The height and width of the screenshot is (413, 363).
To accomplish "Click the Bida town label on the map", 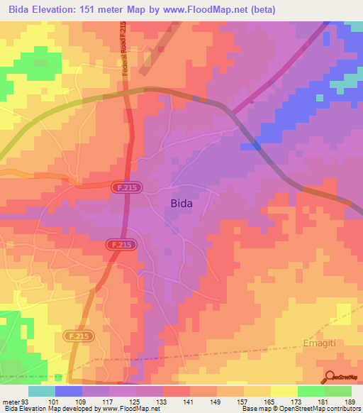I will (181, 203).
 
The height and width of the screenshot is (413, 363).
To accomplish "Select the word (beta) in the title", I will (257, 9).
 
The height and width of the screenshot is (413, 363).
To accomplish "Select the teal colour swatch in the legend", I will (42, 391).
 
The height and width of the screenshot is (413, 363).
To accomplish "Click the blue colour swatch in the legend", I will (69, 391).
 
